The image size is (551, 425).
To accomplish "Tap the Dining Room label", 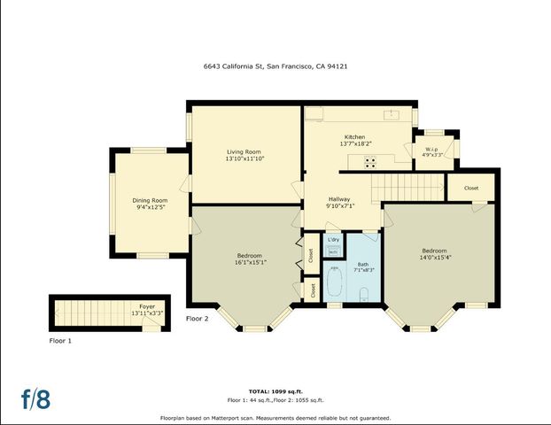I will tap(151, 201).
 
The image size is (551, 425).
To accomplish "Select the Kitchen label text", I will tap(354, 137).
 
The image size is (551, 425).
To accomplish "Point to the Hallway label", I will tap(340, 199).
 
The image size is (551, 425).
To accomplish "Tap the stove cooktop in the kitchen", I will tap(369, 161).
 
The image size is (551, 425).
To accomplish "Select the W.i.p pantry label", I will tap(432, 149).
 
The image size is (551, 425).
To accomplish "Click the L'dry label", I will tap(333, 240).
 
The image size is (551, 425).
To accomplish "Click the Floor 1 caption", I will tap(60, 340).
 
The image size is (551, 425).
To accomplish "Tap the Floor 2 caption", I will tap(197, 319).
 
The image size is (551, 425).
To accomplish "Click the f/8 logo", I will tap(36, 398).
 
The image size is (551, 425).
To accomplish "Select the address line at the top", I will tap(275, 65).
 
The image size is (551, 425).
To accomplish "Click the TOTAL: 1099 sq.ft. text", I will tap(275, 390).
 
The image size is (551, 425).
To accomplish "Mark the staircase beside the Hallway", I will tap(404, 187).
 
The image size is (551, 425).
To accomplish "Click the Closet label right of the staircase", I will tap(471, 188).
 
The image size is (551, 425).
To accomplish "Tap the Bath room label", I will tap(363, 264).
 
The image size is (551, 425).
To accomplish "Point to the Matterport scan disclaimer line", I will tap(275, 418).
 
